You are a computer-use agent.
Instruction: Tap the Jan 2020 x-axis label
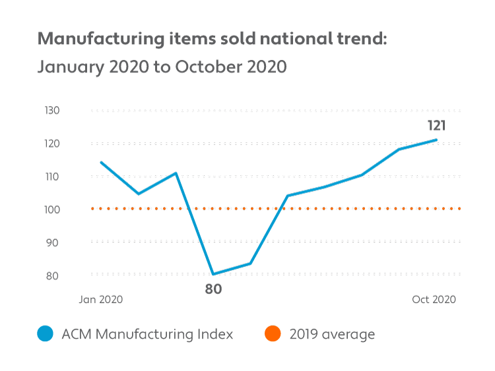(101, 299)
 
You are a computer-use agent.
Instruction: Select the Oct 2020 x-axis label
(434, 299)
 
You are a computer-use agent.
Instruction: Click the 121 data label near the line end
(436, 125)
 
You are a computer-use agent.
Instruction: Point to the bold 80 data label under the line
(213, 289)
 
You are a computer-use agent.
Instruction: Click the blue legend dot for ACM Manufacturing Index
(45, 335)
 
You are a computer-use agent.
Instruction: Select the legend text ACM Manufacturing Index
(147, 334)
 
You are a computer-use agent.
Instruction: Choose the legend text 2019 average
(332, 334)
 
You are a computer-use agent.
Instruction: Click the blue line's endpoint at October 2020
(436, 140)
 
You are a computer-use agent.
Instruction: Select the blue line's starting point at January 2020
(101, 162)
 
